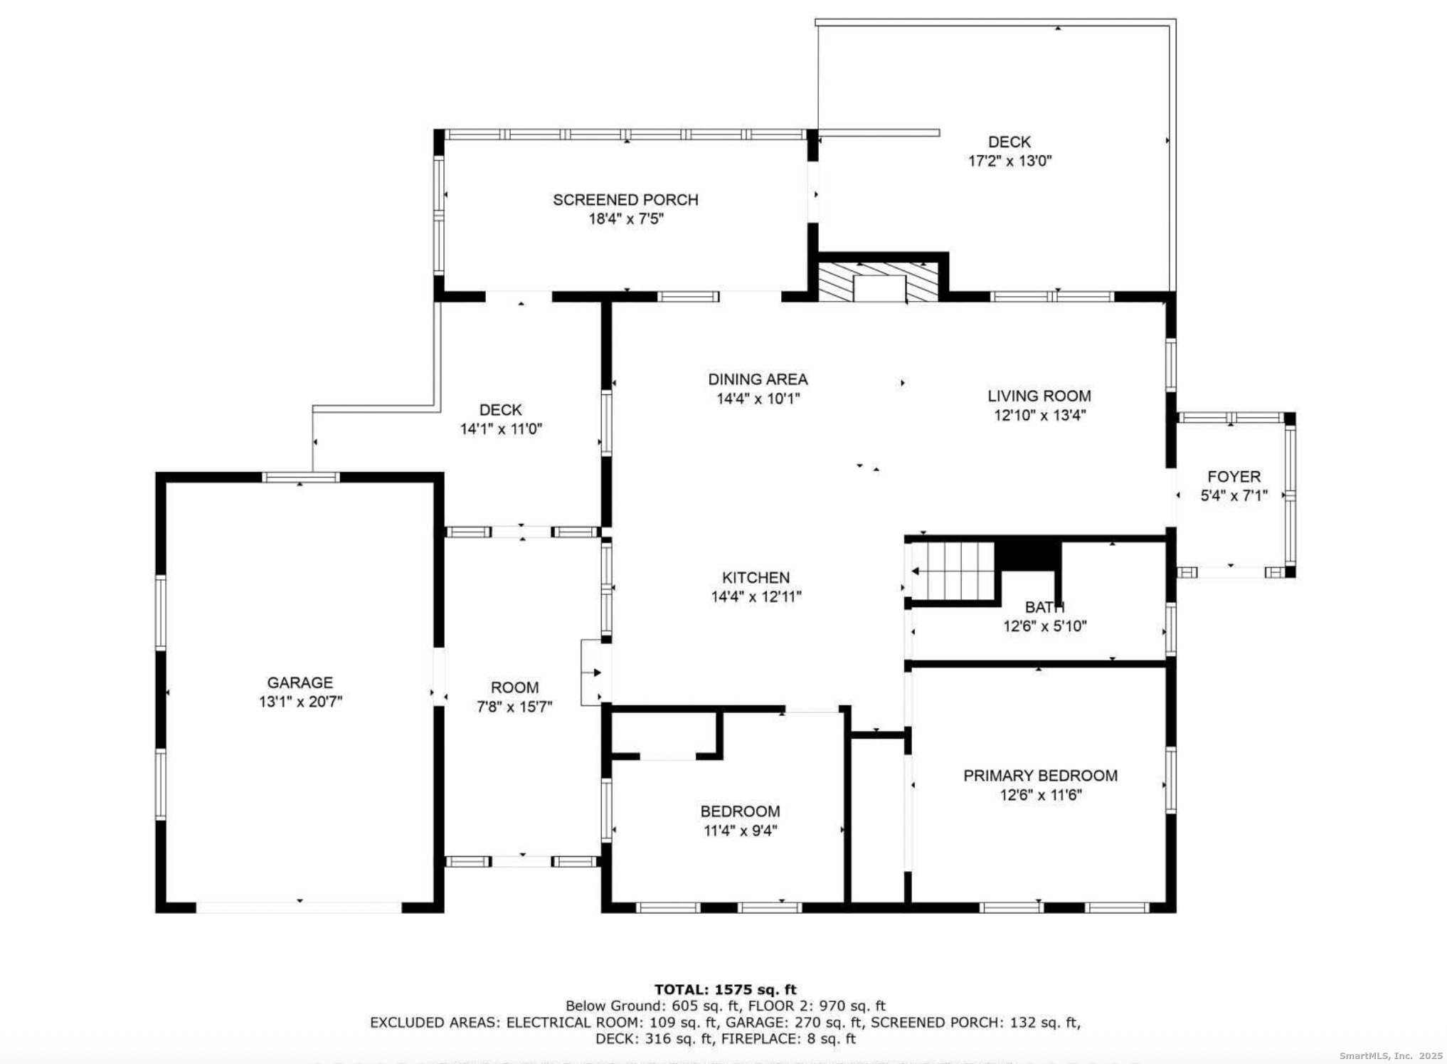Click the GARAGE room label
coord(300,683)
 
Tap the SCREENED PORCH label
coord(625,200)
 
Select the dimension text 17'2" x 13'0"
coord(1009,161)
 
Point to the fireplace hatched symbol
coord(879,282)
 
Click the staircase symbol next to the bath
coord(954,571)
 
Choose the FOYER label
coord(1234,477)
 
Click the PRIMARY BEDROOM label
coord(1040,776)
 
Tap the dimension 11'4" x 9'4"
coord(740,831)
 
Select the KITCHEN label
coord(756,578)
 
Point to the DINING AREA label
coord(758,379)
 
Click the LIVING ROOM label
coord(1039,396)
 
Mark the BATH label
coord(1044,608)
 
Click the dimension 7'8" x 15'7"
coord(514,707)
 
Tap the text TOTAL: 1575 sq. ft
coord(725,989)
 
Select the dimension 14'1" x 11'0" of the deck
coord(501,429)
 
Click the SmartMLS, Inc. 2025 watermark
coord(1390,1056)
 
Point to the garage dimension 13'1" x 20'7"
coord(300,702)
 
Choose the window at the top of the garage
coord(300,477)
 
